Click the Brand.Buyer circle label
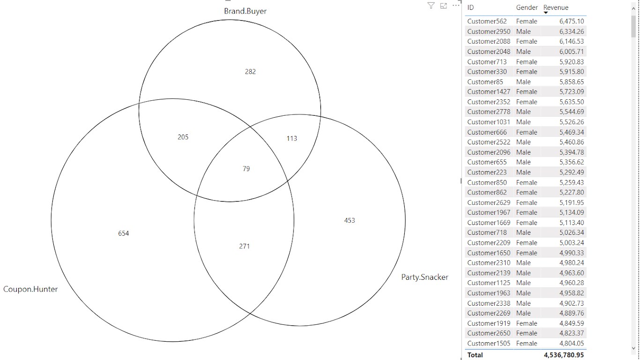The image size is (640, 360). coord(245,11)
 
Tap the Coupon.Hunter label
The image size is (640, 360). coord(30,289)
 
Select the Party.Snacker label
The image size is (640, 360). coord(424,277)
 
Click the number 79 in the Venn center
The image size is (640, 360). coord(246,169)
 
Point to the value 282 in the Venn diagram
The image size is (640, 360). coord(250,72)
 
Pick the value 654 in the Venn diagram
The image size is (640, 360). coord(123,233)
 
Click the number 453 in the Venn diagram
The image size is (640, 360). coord(350,220)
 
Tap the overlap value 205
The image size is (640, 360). coord(183,137)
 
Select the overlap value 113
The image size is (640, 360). coord(292,139)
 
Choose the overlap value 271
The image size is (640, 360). coord(244,247)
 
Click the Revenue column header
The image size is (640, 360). coord(556,7)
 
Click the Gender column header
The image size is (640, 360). coord(527,7)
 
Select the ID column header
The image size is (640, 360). coord(470,7)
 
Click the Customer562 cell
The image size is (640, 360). coord(487,22)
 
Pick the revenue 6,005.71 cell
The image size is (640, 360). coord(572,52)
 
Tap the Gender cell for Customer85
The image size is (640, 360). coord(523,82)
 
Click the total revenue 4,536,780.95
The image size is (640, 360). coord(564,355)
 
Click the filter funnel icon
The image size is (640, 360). coord(431,6)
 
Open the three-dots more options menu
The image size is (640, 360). coord(456,6)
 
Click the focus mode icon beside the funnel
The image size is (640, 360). coord(443,6)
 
